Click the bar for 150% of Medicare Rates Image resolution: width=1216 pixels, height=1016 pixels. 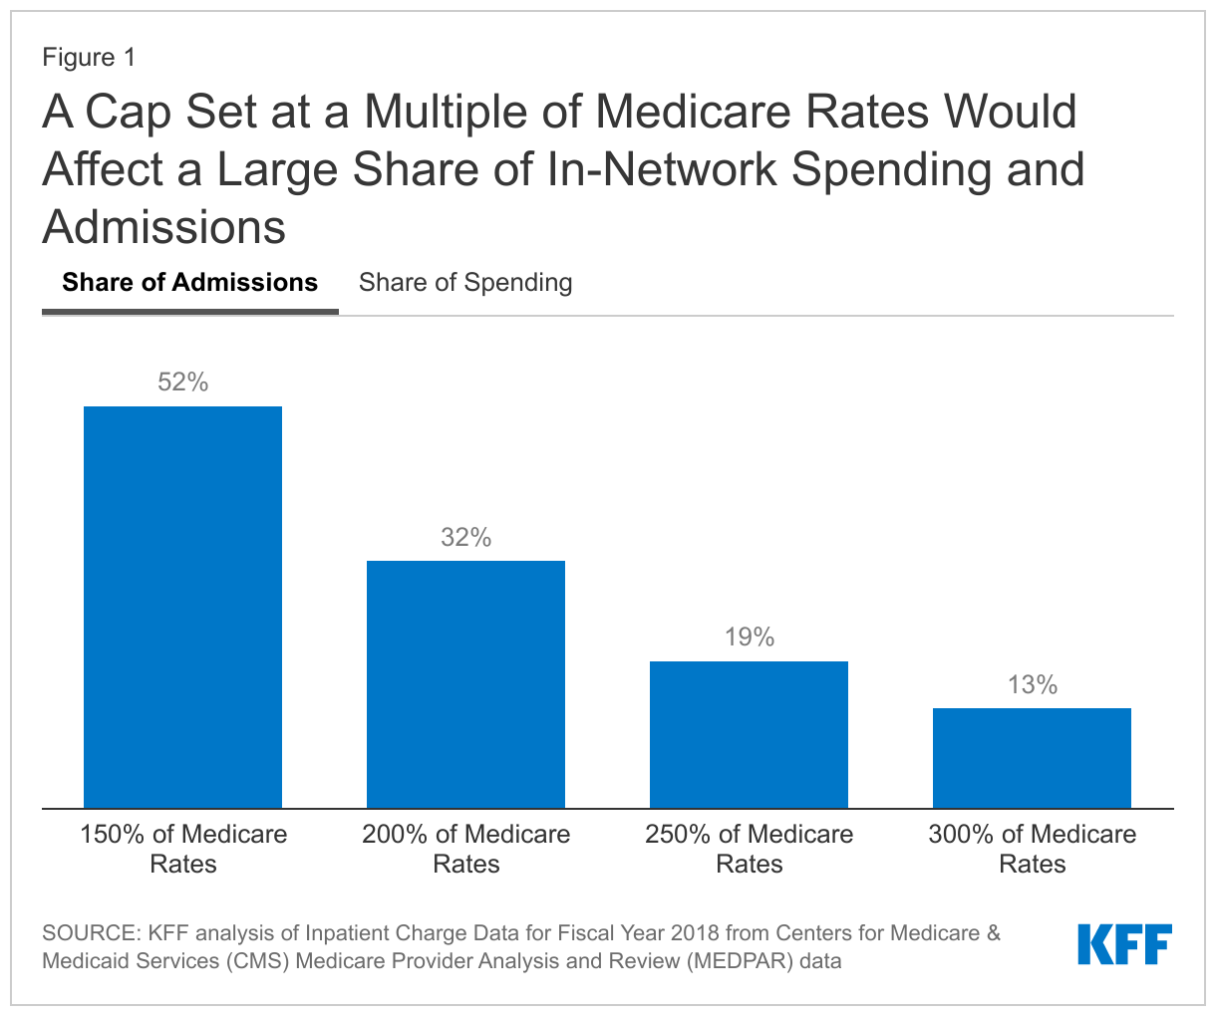[182, 607]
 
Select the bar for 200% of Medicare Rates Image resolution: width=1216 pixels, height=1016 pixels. [465, 684]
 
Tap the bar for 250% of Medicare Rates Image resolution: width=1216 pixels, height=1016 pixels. [749, 734]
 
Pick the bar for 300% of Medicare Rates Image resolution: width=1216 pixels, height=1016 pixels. [1032, 758]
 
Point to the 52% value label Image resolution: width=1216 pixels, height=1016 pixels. [182, 382]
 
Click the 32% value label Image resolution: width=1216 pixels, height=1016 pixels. [465, 538]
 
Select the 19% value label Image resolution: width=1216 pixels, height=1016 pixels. [749, 637]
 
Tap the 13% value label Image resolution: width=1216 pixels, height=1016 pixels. [1032, 685]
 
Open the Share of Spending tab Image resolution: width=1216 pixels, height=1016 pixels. [465, 283]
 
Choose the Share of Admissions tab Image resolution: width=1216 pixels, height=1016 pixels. [189, 283]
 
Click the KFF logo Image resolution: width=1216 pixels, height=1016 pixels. [1124, 944]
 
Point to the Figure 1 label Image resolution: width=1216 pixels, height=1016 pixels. [89, 58]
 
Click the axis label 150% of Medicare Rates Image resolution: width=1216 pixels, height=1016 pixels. [183, 849]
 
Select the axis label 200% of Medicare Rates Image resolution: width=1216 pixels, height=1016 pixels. [465, 849]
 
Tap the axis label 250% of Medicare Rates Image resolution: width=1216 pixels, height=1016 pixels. [749, 849]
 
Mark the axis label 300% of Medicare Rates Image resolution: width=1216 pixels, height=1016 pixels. [1032, 849]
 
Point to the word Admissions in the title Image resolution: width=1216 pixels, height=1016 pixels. [164, 227]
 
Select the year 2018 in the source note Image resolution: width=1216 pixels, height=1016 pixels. [694, 934]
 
